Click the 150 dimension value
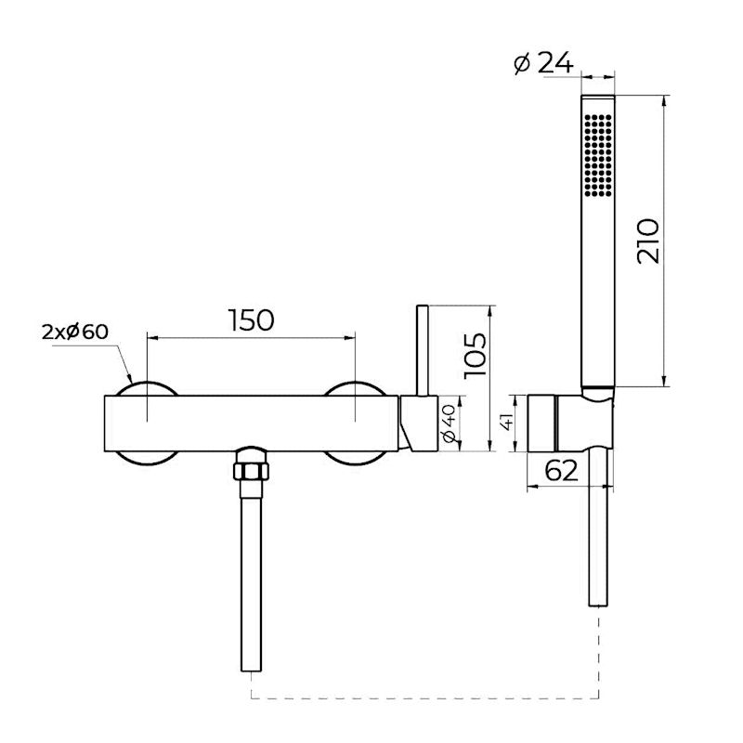tap(251, 319)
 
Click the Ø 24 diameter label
tap(544, 64)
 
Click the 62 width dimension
tap(561, 470)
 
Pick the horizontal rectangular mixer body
tap(251, 424)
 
